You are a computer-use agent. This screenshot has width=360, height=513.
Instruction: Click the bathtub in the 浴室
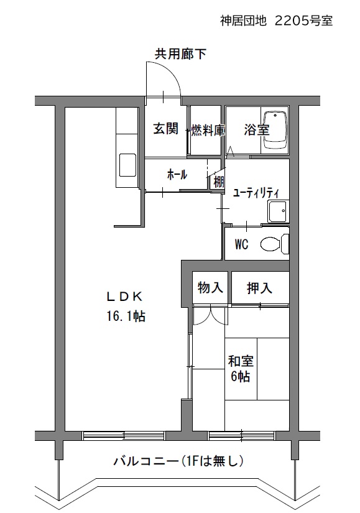[x=275, y=130]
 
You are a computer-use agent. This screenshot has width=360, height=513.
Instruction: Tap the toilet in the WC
[x=275, y=244]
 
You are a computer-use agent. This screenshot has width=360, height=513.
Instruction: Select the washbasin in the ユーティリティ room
[x=277, y=211]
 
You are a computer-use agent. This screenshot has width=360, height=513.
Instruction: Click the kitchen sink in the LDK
[x=127, y=165]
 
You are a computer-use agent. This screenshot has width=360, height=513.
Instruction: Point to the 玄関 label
[x=166, y=128]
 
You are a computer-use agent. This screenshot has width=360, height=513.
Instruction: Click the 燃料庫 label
[x=208, y=130]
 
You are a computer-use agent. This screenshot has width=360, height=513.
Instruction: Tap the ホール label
[x=177, y=174]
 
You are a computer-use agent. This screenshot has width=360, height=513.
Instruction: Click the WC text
[x=241, y=244]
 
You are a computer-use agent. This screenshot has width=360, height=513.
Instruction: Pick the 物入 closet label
[x=210, y=287]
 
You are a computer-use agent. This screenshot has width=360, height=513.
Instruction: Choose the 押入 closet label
[x=259, y=288]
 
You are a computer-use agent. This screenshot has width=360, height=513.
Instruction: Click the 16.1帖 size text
[x=126, y=316]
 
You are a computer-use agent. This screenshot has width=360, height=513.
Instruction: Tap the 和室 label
[x=241, y=361]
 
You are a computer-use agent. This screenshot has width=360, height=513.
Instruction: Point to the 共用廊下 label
[x=180, y=53]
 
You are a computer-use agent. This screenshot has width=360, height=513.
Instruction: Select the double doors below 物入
[x=210, y=315]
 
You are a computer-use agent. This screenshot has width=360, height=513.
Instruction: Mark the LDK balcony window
[x=124, y=436]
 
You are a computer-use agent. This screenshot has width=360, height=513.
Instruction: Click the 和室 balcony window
[x=241, y=436]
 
